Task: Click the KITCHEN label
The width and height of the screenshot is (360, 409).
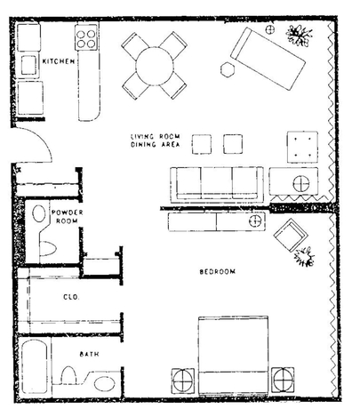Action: pyautogui.click(x=58, y=62)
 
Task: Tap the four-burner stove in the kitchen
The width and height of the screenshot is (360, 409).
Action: pyautogui.click(x=87, y=40)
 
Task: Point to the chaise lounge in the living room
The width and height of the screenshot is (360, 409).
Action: pyautogui.click(x=268, y=58)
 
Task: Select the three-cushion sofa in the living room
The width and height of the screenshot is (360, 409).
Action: pyautogui.click(x=216, y=182)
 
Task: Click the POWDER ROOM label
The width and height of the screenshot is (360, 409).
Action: pyautogui.click(x=67, y=217)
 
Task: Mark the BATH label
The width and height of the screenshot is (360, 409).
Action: pyautogui.click(x=89, y=354)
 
